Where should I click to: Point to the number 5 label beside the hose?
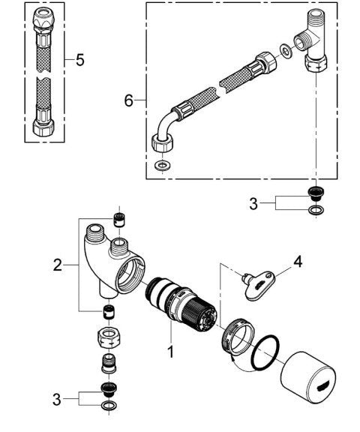79,59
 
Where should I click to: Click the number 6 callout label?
129,100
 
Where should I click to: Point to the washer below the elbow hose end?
160,166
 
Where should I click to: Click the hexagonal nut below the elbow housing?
107,337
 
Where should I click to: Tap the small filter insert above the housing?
117,219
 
